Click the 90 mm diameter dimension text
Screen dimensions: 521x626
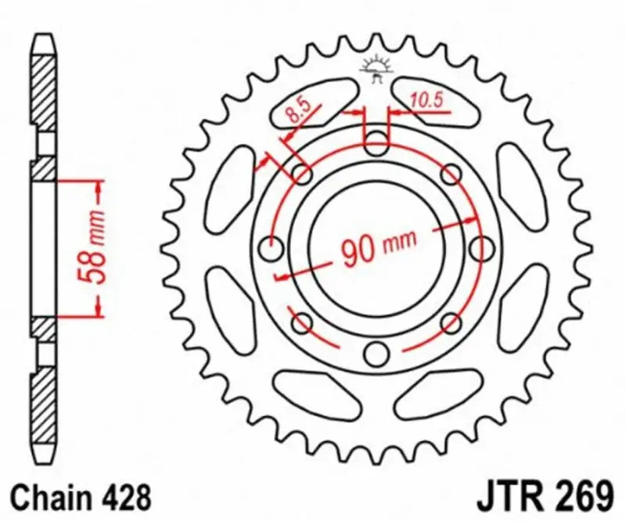pyautogui.click(x=379, y=248)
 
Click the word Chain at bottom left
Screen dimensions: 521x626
pyautogui.click(x=50, y=496)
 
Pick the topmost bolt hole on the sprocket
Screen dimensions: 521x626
pyautogui.click(x=377, y=144)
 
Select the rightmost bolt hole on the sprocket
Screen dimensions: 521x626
pyautogui.click(x=482, y=250)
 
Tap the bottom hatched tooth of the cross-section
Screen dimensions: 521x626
pyautogui.click(x=44, y=415)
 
